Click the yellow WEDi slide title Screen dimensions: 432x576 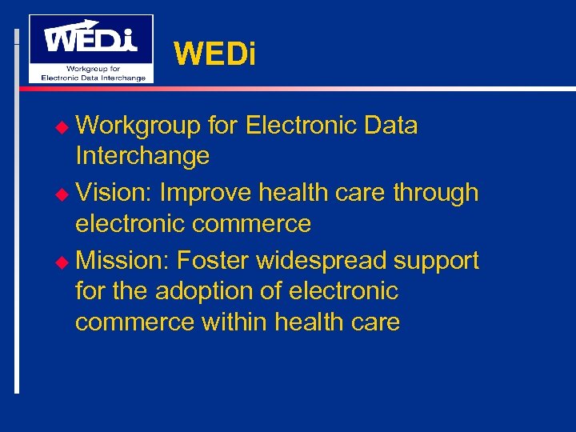[214, 54]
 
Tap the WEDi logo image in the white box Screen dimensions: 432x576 [91, 48]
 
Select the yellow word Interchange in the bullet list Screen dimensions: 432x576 [142, 155]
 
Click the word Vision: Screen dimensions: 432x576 [114, 193]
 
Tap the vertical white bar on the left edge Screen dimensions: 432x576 [17, 216]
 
